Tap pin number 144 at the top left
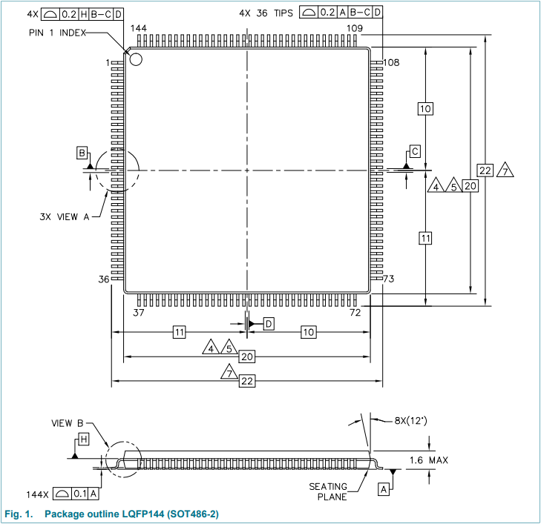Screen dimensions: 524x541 [139, 28]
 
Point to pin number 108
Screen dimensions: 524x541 [390, 62]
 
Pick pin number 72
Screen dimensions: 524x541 [355, 313]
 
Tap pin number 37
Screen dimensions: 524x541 [139, 313]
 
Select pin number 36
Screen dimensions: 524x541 [105, 279]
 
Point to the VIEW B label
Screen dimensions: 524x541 [68, 423]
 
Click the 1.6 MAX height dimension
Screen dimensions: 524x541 [429, 460]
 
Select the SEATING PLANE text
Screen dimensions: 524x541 [328, 491]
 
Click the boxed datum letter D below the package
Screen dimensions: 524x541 [268, 324]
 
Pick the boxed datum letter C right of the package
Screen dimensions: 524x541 [415, 152]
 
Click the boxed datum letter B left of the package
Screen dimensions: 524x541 [82, 153]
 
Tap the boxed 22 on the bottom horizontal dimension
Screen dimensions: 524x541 [247, 380]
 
